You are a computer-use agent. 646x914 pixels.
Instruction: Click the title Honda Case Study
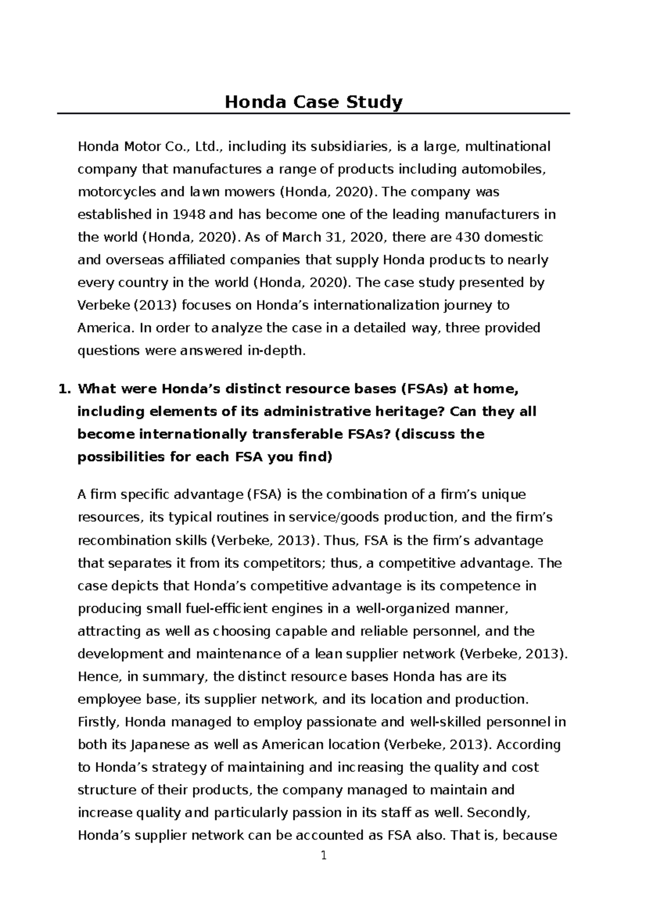coord(313,102)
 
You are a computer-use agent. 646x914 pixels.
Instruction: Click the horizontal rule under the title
coord(313,114)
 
